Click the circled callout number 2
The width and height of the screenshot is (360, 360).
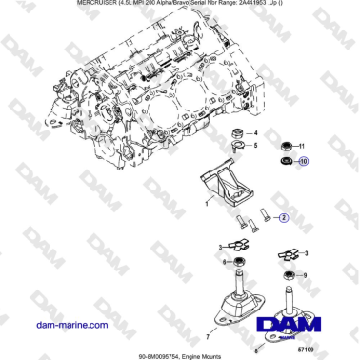click(x=282, y=217)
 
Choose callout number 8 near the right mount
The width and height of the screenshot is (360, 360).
click(x=255, y=350)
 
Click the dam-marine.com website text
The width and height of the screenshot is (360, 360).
click(x=71, y=325)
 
